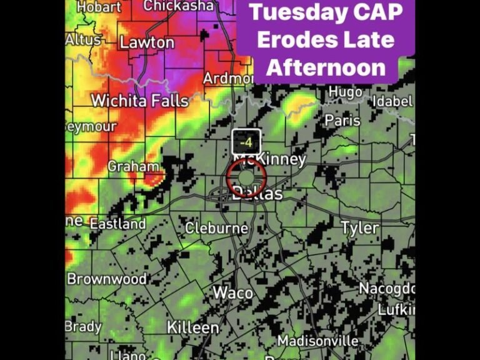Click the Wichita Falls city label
click(x=139, y=101)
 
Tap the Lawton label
click(x=147, y=42)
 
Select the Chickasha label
click(x=178, y=6)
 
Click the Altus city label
click(x=84, y=39)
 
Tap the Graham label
click(x=132, y=166)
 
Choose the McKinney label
click(x=269, y=159)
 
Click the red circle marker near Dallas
click(x=246, y=177)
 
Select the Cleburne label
click(x=216, y=228)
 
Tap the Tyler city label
click(x=359, y=227)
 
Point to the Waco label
click(x=232, y=292)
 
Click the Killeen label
click(x=192, y=327)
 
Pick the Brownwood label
click(x=107, y=279)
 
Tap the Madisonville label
click(x=318, y=341)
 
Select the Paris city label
click(x=342, y=121)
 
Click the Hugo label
click(x=345, y=92)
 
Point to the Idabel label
click(x=392, y=101)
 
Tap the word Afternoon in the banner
click(x=326, y=67)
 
